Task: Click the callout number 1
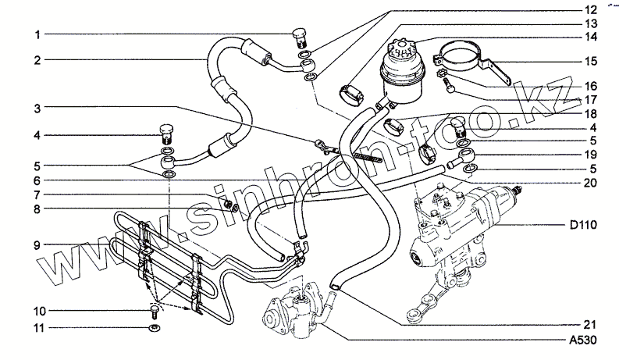tap(36, 34)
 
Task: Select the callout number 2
tap(36, 59)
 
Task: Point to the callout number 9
tap(36, 244)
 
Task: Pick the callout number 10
tap(36, 310)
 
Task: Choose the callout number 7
tap(36, 194)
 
